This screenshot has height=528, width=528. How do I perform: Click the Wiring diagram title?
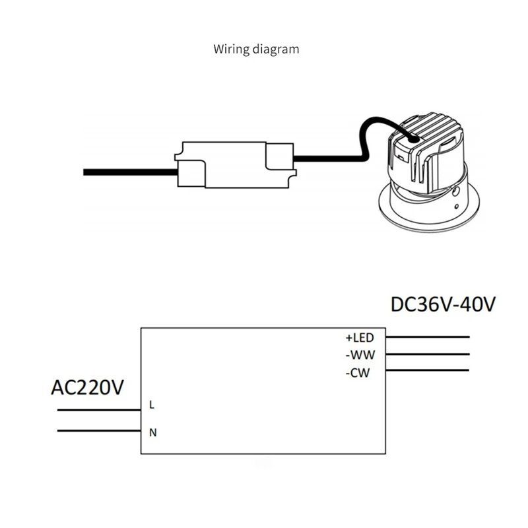tap(256, 49)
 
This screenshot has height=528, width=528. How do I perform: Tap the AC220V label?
tap(87, 387)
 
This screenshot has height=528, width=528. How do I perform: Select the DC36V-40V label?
tap(443, 305)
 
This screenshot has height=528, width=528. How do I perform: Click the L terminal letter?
tap(152, 405)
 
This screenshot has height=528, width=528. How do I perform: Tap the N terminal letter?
tap(152, 433)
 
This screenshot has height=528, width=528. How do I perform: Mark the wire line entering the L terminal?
tap(99, 410)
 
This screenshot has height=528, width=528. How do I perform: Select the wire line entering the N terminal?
tap(99, 432)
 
